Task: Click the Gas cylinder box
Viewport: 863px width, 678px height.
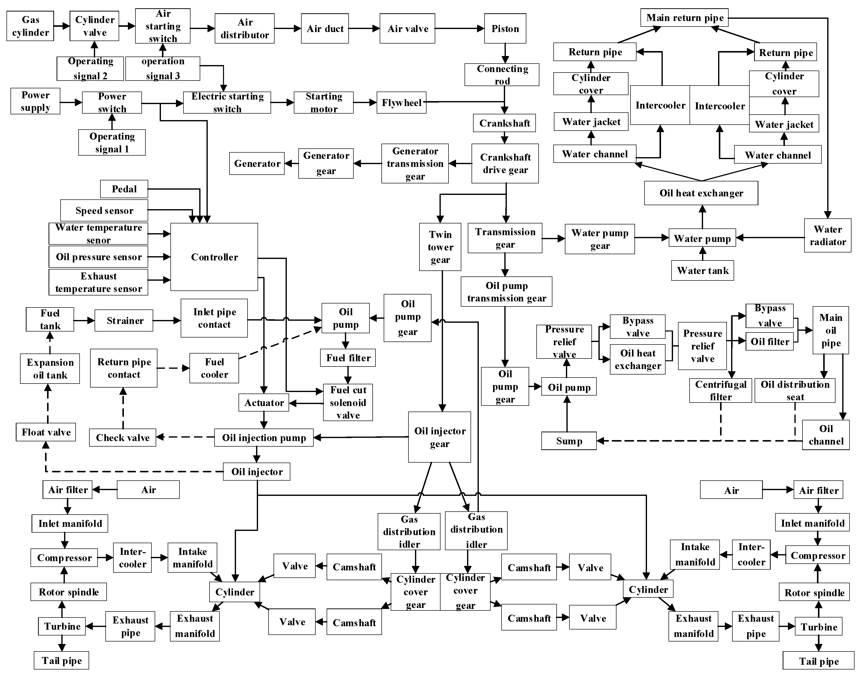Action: pyautogui.click(x=30, y=26)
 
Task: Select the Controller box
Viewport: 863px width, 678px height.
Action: pyautogui.click(x=214, y=257)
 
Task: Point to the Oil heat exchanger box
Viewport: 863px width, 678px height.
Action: pyautogui.click(x=701, y=193)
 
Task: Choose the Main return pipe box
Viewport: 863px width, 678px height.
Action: pyautogui.click(x=685, y=18)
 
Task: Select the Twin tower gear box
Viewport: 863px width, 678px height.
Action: pyautogui.click(x=440, y=247)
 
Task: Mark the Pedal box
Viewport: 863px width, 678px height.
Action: pyautogui.click(x=124, y=189)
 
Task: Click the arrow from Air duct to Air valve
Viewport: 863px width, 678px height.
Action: pyautogui.click(x=364, y=29)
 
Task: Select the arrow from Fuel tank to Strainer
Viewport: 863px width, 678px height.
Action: pyautogui.click(x=84, y=320)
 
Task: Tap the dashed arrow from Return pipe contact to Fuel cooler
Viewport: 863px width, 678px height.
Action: pyautogui.click(x=173, y=368)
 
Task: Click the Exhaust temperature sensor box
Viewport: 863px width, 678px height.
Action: pyautogui.click(x=99, y=282)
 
